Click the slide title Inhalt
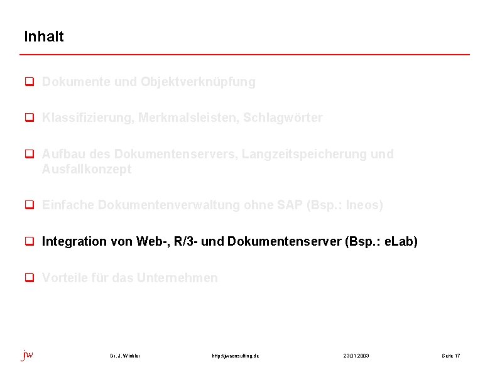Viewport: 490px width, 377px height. point(44,36)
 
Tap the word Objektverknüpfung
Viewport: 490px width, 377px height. point(198,82)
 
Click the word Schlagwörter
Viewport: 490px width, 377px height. point(283,118)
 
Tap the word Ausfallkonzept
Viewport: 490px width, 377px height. point(87,170)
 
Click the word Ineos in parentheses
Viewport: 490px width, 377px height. point(362,205)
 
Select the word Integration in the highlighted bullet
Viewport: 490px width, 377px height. point(74,242)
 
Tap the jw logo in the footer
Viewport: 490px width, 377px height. point(28,355)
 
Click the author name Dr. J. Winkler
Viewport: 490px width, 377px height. point(125,356)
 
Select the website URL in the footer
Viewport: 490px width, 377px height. point(236,356)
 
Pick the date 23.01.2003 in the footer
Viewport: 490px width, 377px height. point(356,356)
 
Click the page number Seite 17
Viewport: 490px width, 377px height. point(450,356)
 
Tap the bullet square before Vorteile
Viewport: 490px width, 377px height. point(28,278)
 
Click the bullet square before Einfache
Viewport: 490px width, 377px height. point(28,205)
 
